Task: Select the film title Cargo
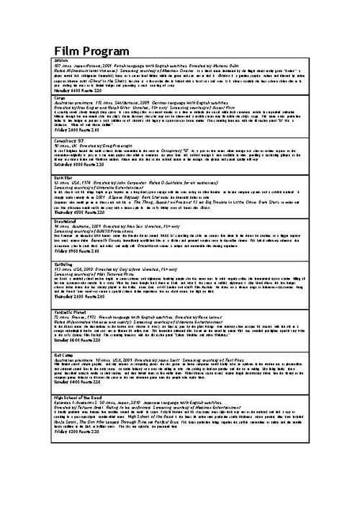tap(59, 97)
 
